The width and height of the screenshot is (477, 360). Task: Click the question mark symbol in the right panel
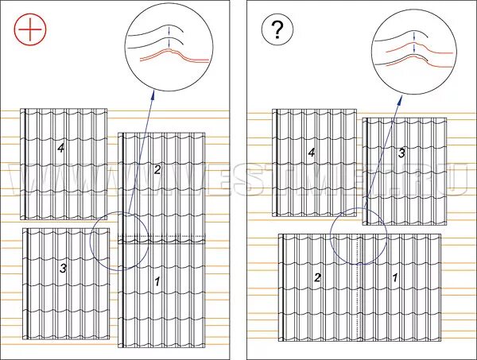click(x=277, y=31)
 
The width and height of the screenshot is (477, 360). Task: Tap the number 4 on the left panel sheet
click(x=60, y=147)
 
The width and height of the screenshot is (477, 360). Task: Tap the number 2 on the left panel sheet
click(x=157, y=169)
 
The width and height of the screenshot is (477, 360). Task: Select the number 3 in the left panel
click(x=63, y=269)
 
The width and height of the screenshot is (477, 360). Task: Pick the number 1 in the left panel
click(x=157, y=281)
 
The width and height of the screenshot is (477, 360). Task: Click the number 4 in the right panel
click(x=312, y=152)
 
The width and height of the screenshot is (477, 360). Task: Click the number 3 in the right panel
click(x=401, y=153)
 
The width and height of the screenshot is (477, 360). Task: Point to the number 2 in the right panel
click(x=318, y=277)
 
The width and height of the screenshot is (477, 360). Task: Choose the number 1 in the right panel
click(x=395, y=278)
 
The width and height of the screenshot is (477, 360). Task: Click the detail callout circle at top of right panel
click(x=415, y=45)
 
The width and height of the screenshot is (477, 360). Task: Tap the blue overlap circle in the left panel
click(x=119, y=240)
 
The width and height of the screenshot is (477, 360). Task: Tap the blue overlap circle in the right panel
click(x=359, y=236)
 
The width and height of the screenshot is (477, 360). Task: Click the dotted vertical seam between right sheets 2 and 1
click(x=363, y=286)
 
